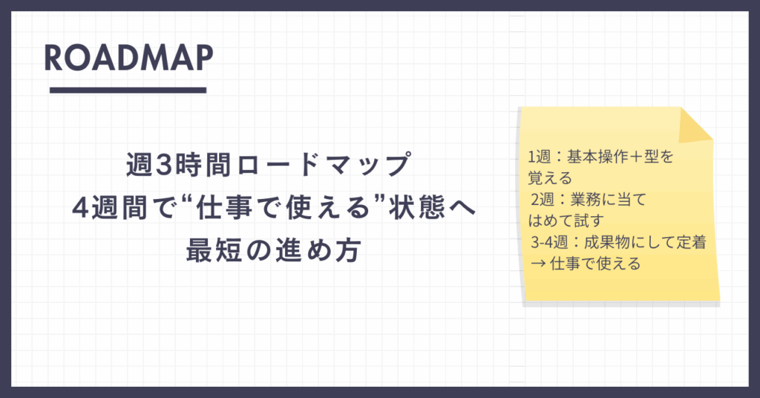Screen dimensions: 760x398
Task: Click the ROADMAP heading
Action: pos(128,58)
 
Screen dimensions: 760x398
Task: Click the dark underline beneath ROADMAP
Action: pos(128,90)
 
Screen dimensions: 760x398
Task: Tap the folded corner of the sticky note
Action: pos(695,125)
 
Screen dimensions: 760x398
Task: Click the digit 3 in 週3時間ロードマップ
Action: pos(166,165)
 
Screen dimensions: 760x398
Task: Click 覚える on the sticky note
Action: pos(550,178)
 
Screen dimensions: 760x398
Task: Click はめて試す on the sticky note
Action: pos(566,221)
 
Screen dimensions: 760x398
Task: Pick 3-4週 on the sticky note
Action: pos(550,242)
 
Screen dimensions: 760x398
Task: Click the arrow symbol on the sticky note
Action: pos(538,264)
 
